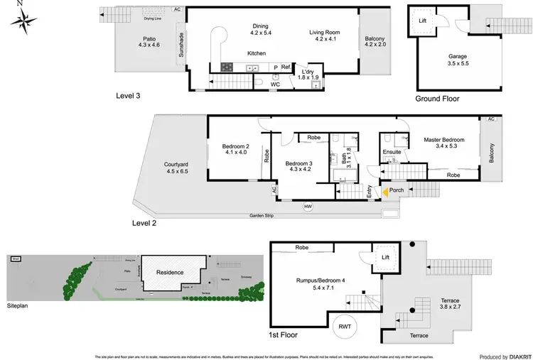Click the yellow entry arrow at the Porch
pos(385,191)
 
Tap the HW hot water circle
pos(308,207)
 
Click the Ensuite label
pos(392,152)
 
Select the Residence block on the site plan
pos(170,272)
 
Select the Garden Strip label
pos(264,215)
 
